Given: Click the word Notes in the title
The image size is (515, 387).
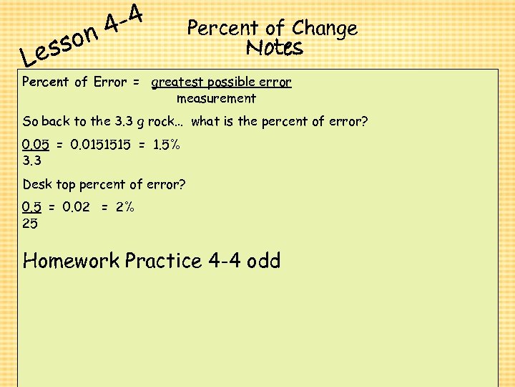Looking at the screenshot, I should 275,48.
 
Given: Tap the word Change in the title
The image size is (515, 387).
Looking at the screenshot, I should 325,29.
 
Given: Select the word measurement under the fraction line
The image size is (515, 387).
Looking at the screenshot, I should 216,98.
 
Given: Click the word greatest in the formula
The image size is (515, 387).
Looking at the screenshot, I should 176,82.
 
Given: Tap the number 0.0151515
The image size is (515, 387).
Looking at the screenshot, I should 100,145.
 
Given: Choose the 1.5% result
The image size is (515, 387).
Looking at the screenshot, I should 167,145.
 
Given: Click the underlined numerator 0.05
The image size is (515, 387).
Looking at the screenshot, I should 36,145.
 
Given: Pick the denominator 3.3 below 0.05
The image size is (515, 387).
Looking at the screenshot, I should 31,161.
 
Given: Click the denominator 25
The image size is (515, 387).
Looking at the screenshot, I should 30,224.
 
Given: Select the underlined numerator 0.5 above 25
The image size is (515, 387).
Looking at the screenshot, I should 31,207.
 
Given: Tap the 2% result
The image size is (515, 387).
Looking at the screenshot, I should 125,207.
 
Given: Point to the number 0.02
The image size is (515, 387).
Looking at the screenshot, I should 77,207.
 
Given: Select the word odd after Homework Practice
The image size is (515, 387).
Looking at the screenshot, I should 263,260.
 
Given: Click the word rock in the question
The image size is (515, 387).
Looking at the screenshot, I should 161,122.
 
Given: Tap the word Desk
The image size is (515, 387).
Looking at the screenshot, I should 37,185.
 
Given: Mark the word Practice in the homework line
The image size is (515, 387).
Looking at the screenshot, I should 164,260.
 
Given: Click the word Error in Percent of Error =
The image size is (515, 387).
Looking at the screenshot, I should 110,82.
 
